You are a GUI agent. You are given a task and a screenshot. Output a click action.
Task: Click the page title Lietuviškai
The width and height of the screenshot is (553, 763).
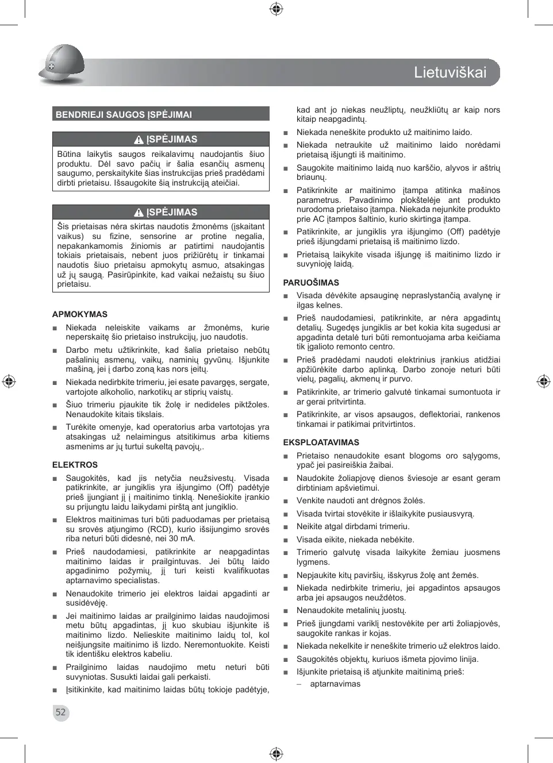pyautogui.click(x=450, y=72)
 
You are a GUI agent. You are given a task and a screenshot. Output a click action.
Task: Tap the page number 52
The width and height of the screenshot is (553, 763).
pyautogui.click(x=60, y=712)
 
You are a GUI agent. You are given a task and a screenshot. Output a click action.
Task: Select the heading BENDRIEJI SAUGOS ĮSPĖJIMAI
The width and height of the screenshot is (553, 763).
pyautogui.click(x=124, y=114)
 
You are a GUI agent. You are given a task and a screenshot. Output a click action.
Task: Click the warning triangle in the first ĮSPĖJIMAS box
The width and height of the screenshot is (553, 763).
pyautogui.click(x=139, y=140)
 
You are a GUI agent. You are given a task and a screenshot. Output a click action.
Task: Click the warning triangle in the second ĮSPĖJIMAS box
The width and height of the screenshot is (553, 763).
pyautogui.click(x=139, y=213)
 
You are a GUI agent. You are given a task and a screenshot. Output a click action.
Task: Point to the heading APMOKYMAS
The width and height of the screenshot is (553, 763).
pyautogui.click(x=80, y=314)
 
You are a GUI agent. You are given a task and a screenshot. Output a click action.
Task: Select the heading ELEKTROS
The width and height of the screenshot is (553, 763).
pyautogui.click(x=75, y=465)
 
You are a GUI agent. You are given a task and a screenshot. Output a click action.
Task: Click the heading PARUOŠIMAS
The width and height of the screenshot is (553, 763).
pyautogui.click(x=311, y=283)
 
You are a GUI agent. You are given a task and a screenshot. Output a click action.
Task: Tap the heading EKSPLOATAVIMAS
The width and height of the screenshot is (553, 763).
pyautogui.click(x=321, y=442)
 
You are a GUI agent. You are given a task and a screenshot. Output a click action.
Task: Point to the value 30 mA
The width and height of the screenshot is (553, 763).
pyautogui.click(x=182, y=538)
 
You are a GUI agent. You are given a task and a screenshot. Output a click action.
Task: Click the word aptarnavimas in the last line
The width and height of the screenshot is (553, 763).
pyautogui.click(x=335, y=684)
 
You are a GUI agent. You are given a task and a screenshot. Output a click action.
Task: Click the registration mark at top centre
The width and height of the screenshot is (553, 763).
pyautogui.click(x=276, y=9)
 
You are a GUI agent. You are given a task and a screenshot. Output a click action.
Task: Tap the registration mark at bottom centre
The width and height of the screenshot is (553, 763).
pyautogui.click(x=276, y=754)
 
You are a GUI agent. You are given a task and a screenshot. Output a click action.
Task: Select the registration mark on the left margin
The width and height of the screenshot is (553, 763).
pyautogui.click(x=9, y=381)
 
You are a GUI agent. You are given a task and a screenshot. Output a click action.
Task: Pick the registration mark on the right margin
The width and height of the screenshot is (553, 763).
pyautogui.click(x=543, y=381)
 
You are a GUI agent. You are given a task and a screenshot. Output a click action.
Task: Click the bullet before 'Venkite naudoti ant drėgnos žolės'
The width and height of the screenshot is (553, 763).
pyautogui.click(x=286, y=501)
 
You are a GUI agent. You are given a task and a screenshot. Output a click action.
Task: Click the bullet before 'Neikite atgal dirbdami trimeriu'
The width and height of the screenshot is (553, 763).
pyautogui.click(x=286, y=527)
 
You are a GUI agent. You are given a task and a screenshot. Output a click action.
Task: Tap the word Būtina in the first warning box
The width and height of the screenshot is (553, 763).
pyautogui.click(x=69, y=154)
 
